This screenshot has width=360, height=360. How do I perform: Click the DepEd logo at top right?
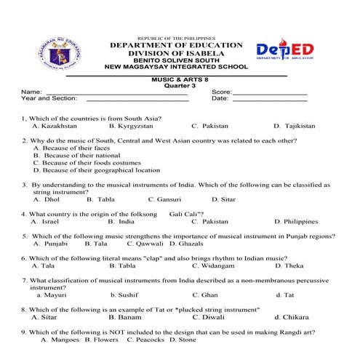286,51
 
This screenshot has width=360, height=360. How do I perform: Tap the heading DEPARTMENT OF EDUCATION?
176,45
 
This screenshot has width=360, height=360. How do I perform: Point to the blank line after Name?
116,94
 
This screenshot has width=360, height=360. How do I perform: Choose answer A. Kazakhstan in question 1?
55,126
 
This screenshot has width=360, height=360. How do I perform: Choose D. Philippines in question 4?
296,221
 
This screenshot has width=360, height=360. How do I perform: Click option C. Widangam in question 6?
214,265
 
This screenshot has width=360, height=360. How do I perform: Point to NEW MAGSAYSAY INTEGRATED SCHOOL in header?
176,67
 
